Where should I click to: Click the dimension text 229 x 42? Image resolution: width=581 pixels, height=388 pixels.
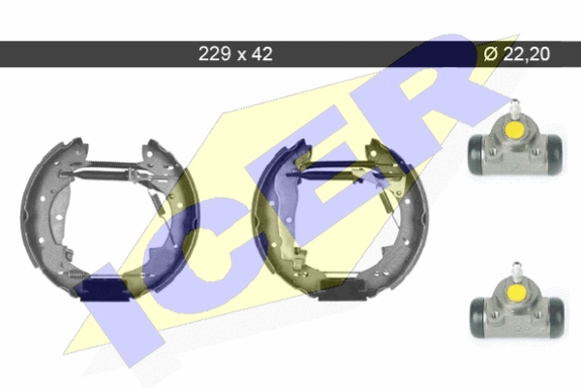click(235, 54)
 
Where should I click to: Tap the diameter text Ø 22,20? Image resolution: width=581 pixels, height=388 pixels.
click(516, 54)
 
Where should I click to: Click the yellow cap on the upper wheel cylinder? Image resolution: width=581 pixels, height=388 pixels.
click(515, 130)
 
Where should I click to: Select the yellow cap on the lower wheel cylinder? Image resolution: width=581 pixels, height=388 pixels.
click(516, 293)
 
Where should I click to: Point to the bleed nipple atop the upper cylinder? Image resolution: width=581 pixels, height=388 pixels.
click(514, 107)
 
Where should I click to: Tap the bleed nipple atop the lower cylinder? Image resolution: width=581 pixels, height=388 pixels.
click(516, 271)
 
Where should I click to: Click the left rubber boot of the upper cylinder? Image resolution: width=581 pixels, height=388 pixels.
click(475, 154)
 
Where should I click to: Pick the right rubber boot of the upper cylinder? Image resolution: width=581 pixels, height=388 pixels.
click(554, 153)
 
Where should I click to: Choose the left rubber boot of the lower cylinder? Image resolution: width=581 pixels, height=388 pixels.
click(477, 318)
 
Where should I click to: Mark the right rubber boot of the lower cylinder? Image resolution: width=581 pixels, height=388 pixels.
click(557, 317)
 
